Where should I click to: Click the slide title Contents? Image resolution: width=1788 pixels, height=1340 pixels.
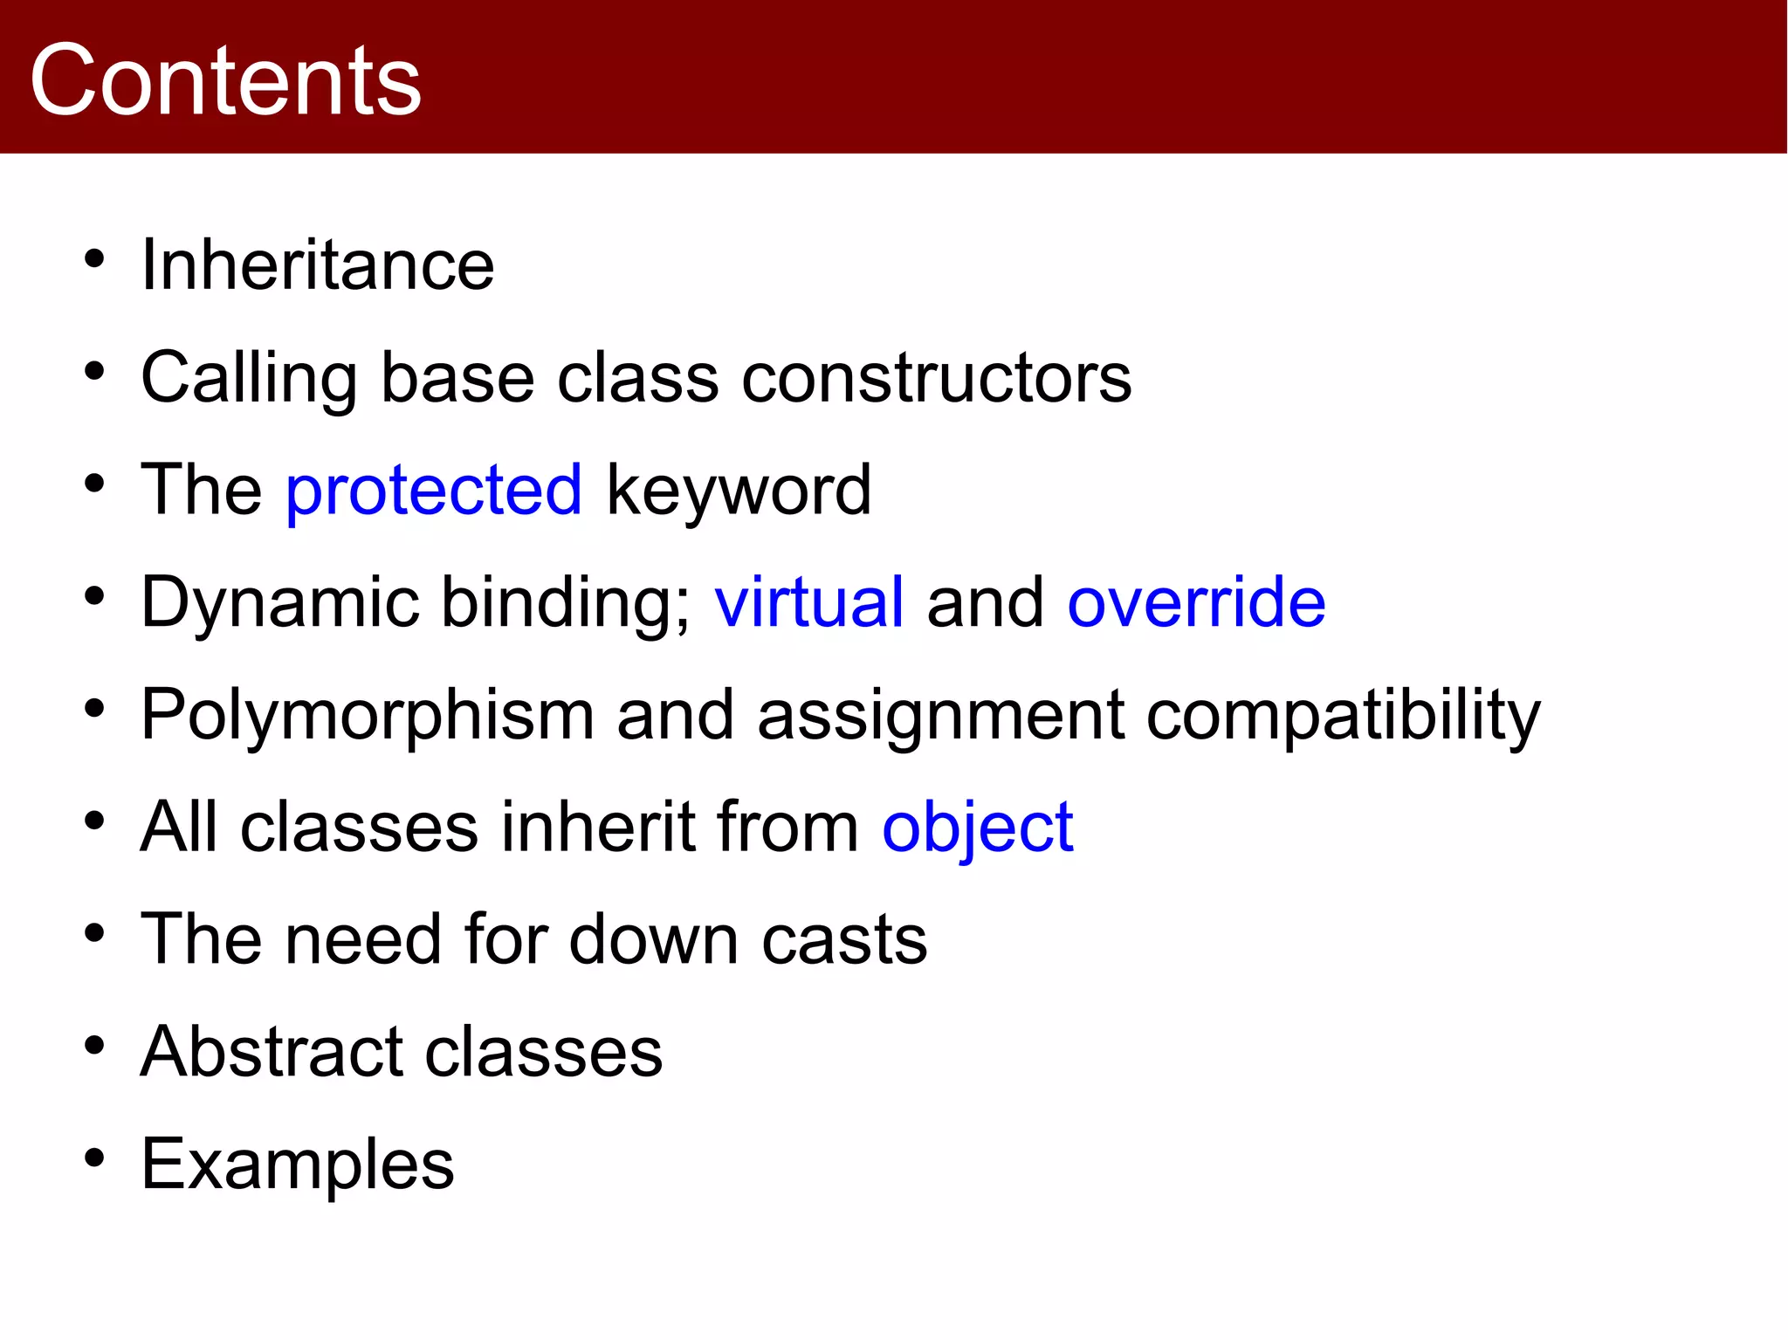point(225,80)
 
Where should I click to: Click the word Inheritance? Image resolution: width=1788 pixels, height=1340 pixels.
point(318,265)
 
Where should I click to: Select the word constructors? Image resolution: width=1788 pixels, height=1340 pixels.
point(936,378)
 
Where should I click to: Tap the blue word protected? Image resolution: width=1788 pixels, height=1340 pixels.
point(434,491)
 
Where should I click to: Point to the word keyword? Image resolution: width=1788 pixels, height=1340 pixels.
point(739,491)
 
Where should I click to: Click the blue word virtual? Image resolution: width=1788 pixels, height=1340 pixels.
point(808,602)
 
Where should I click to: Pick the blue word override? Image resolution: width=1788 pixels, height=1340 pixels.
point(1196,602)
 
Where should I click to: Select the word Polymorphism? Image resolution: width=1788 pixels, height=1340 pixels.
point(368,716)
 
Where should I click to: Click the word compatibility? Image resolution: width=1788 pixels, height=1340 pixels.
point(1343,716)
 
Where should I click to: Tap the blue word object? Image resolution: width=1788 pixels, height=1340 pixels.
point(977,828)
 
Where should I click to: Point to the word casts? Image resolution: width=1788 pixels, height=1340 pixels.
point(844,939)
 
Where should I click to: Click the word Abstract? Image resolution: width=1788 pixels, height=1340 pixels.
point(272,1051)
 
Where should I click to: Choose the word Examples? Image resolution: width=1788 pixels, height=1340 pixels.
point(298,1165)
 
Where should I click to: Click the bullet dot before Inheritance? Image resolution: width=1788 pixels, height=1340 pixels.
point(94,259)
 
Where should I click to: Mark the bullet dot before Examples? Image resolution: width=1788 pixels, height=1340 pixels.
point(94,1158)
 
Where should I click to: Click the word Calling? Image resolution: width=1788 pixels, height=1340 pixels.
point(249,378)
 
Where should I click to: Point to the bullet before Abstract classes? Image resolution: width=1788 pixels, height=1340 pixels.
point(94,1046)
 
